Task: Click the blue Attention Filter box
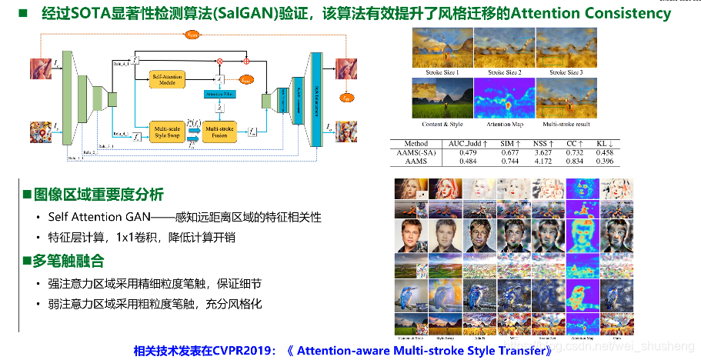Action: click(x=219, y=94)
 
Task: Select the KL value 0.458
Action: click(x=605, y=152)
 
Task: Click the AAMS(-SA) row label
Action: click(x=419, y=152)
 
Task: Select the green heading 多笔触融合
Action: click(x=68, y=262)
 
